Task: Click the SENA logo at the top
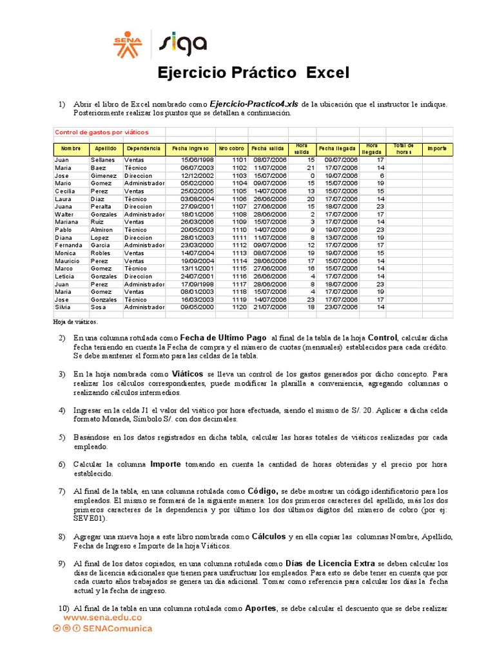pos(127,44)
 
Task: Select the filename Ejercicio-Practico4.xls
pos(254,104)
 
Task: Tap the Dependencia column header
pos(144,149)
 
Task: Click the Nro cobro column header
pos(231,149)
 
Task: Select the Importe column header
pos(437,149)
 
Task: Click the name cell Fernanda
pos(68,245)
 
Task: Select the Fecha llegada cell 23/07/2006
pos(341,307)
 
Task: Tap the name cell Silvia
pos(63,307)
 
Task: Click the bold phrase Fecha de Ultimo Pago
pos(223,337)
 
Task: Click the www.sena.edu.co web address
pos(102,617)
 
